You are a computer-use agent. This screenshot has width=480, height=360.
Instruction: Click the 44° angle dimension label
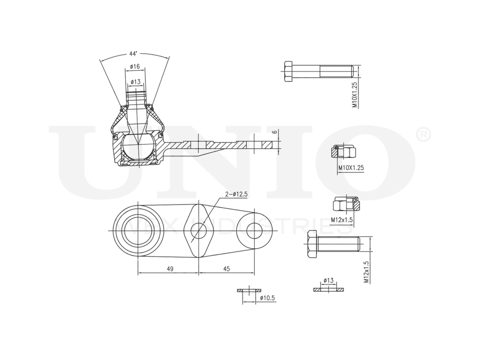click(x=133, y=53)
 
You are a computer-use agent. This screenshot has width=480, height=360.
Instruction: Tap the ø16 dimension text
click(x=134, y=67)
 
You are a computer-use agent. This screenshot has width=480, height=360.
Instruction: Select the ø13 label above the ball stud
click(x=135, y=82)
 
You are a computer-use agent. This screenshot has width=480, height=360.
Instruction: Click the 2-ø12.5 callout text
click(x=236, y=194)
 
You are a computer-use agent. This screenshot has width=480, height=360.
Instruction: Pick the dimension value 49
click(x=170, y=269)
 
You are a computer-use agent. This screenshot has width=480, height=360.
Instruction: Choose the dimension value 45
click(x=227, y=269)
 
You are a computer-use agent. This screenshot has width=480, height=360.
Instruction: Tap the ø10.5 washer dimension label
click(x=267, y=298)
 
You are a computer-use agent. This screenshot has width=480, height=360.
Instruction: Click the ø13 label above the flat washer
click(x=328, y=280)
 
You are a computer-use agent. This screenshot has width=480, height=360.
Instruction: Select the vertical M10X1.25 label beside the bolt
click(x=355, y=95)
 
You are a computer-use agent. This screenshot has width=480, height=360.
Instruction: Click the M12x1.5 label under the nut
click(x=342, y=219)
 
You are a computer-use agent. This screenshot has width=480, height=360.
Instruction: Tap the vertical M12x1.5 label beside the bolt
click(x=366, y=272)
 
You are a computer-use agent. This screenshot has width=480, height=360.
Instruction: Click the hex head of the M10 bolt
click(x=288, y=71)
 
